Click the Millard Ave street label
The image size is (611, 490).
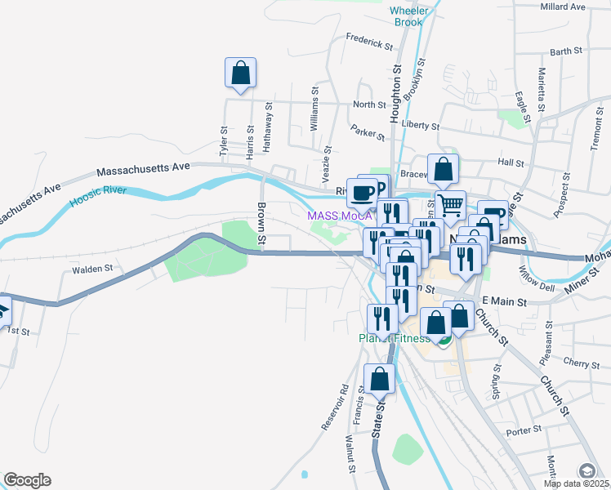563,7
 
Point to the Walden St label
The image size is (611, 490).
91,269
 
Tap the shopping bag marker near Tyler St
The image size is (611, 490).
241,73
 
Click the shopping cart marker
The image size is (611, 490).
450,205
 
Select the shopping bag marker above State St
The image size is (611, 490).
380,379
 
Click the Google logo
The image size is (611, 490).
27,480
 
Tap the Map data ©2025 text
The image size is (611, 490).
577,483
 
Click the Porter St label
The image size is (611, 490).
519,431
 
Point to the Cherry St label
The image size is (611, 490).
582,362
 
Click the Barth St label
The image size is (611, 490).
566,51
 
